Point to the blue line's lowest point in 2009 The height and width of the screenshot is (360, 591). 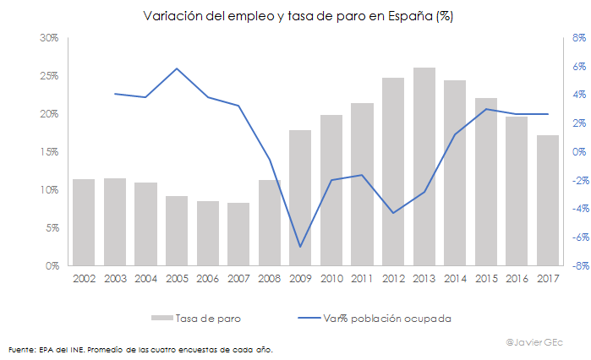pyautogui.click(x=300, y=247)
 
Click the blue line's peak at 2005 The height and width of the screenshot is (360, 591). pyautogui.click(x=177, y=68)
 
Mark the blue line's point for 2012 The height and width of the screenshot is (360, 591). pyautogui.click(x=393, y=213)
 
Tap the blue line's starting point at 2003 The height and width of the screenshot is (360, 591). pyautogui.click(x=115, y=94)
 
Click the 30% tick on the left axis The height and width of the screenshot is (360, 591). pyautogui.click(x=48, y=38)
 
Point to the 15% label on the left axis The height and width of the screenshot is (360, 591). pyautogui.click(x=48, y=152)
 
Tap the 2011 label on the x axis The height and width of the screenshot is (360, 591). pyautogui.click(x=362, y=278)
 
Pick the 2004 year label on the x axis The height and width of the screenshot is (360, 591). pyautogui.click(x=145, y=278)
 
